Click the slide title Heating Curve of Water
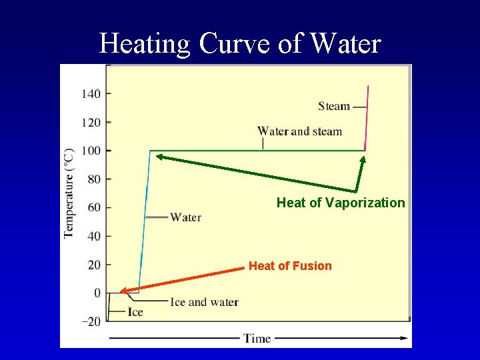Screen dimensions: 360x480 [240, 44]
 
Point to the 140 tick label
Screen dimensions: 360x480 [91, 94]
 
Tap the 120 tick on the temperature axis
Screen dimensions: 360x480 [91, 123]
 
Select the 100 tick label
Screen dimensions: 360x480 [91, 151]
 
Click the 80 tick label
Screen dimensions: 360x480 [94, 179]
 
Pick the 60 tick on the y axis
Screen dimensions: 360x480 [94, 207]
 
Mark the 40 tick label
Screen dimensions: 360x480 [94, 236]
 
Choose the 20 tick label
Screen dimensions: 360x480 [94, 265]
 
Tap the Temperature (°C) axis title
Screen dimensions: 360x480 [69, 193]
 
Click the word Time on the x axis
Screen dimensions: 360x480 [257, 338]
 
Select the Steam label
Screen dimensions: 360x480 [334, 106]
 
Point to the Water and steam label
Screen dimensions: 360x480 [299, 131]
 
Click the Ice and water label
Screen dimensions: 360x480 [204, 302]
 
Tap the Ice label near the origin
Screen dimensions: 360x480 [135, 312]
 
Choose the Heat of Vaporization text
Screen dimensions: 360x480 [341, 203]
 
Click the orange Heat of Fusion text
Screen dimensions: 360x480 [290, 266]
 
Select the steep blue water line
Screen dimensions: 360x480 [144, 220]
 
